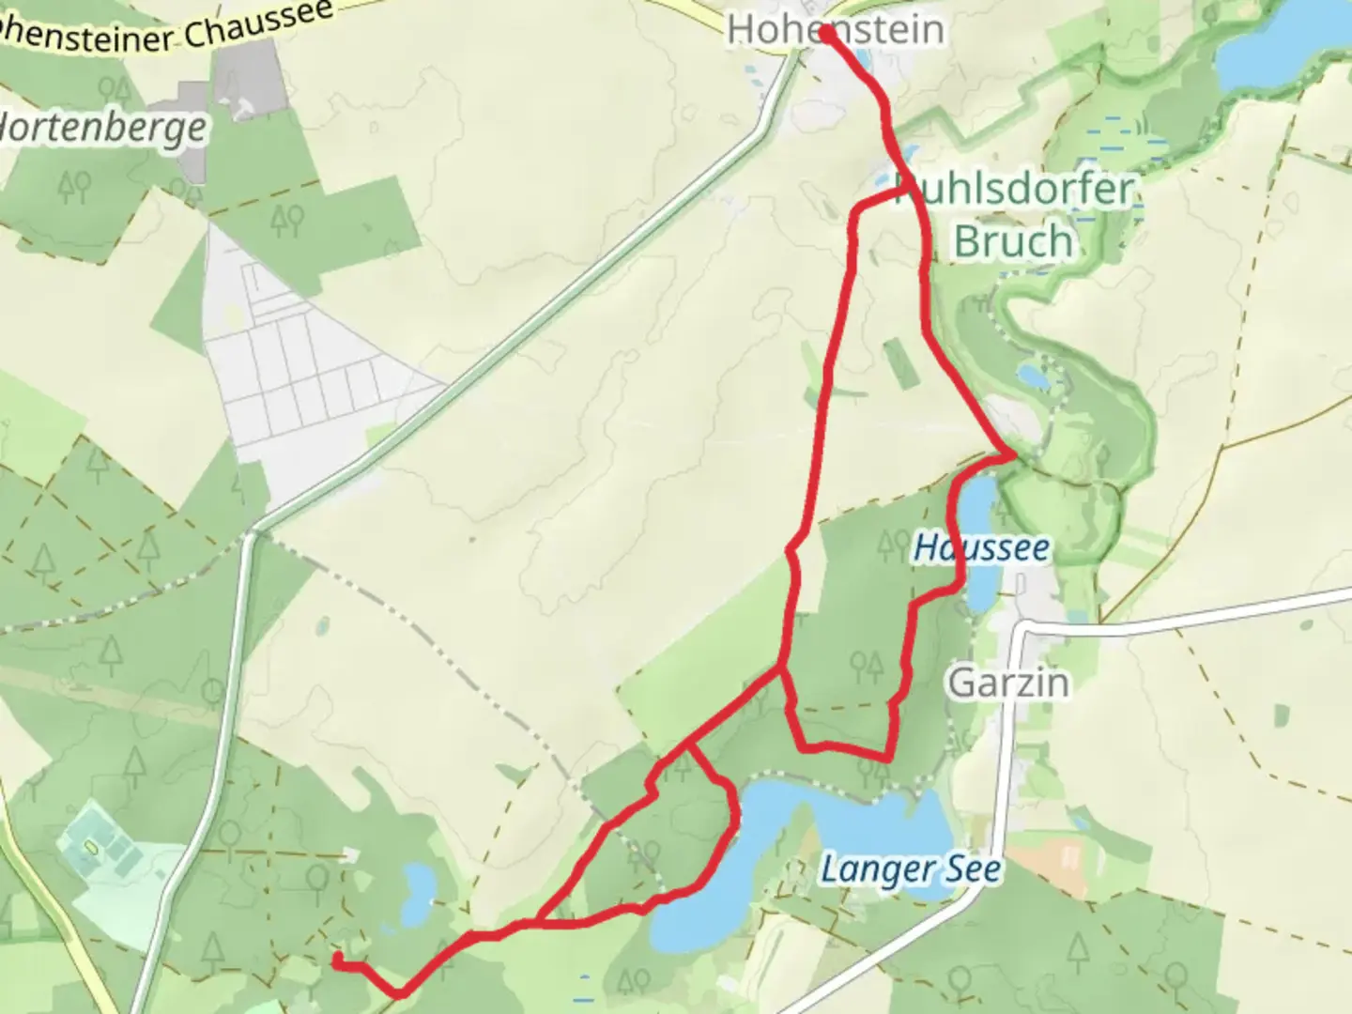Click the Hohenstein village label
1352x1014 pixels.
click(836, 30)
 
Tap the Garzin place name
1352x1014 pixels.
click(1008, 683)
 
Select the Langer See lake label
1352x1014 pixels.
click(910, 870)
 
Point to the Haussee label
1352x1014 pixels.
click(981, 547)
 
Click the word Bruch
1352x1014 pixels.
click(1013, 241)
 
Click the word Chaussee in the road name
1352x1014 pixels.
click(257, 23)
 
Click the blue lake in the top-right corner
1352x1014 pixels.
click(1277, 47)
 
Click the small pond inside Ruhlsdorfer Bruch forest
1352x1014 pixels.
click(1033, 377)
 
